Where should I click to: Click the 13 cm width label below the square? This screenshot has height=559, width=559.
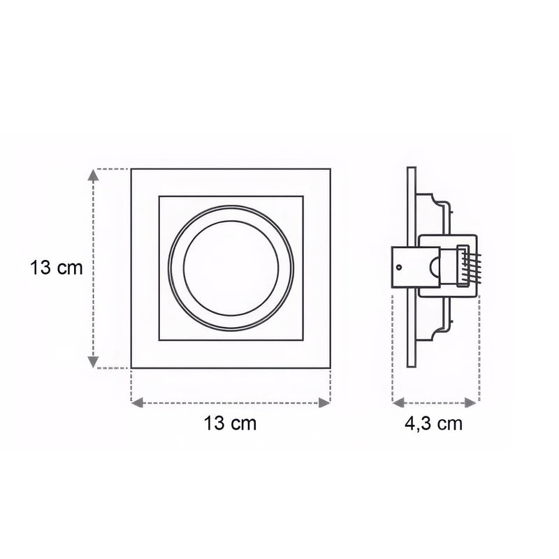230,423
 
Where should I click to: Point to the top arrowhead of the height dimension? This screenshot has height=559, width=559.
92,175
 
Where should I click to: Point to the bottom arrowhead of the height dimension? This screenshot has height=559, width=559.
92,362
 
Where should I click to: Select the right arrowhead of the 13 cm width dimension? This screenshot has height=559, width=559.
324,402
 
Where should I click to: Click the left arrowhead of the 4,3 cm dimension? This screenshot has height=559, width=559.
398,402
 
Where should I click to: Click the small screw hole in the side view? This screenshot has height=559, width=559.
398,266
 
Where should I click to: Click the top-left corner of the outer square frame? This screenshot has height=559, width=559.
132,169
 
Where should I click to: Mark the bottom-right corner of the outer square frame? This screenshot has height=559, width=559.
330,368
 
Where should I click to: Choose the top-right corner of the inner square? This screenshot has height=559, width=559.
303,197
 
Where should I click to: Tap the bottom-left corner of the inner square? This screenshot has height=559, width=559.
159,340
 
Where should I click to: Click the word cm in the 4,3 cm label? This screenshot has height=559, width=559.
450,423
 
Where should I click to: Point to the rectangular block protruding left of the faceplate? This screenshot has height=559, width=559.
401,268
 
